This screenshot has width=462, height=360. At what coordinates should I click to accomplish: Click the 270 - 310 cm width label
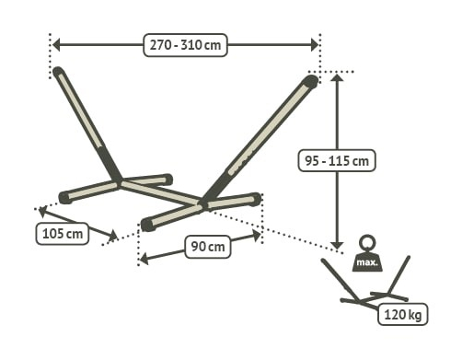[185, 45]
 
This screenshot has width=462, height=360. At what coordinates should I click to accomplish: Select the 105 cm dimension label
[63, 234]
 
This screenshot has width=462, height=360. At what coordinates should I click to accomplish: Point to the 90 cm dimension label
[205, 246]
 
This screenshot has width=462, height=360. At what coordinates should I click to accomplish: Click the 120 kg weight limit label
[403, 315]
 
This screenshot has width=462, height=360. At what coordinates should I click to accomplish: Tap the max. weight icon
[367, 260]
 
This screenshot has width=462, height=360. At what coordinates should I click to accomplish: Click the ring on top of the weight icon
[367, 243]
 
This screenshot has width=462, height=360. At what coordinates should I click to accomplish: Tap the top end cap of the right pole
[312, 82]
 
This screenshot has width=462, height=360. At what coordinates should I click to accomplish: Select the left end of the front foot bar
[147, 223]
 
